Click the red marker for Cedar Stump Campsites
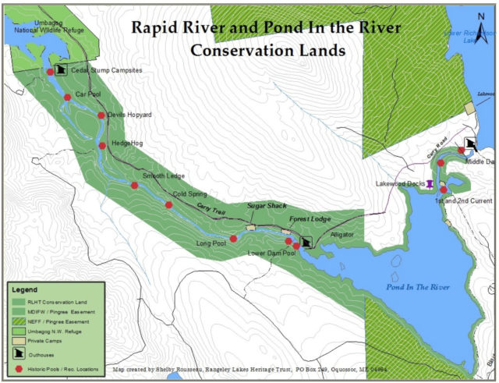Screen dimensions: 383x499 (51, 72)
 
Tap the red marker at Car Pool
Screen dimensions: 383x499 (68, 98)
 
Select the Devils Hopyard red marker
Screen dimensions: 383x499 (101, 115)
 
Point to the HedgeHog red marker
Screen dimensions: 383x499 (102, 145)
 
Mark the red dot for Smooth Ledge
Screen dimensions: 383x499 (134, 186)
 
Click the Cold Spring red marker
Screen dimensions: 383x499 (168, 205)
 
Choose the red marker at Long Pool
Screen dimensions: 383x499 (233, 239)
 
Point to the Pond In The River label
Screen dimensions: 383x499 (418, 287)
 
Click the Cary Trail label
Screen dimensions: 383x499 (212, 211)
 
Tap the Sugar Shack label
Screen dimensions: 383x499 (267, 205)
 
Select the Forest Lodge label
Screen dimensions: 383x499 (310, 219)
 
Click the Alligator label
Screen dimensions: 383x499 (342, 234)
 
